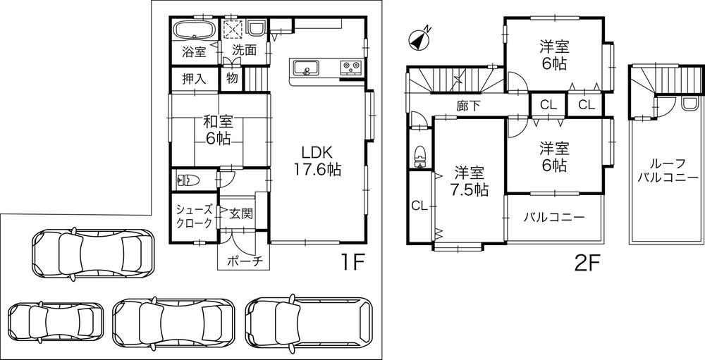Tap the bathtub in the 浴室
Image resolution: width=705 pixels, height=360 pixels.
coord(193,32)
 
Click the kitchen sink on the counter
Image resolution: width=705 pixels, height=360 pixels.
coord(305,68)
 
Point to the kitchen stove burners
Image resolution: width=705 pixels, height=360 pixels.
coord(351,68)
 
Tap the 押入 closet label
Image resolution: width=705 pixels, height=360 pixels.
coord(194,78)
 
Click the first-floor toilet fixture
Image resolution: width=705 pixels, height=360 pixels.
coord(188,180)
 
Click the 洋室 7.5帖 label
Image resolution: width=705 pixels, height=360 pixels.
coord(468,180)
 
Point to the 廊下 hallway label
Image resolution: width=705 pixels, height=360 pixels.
coord(468,106)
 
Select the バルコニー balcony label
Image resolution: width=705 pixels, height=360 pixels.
coord(554,217)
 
